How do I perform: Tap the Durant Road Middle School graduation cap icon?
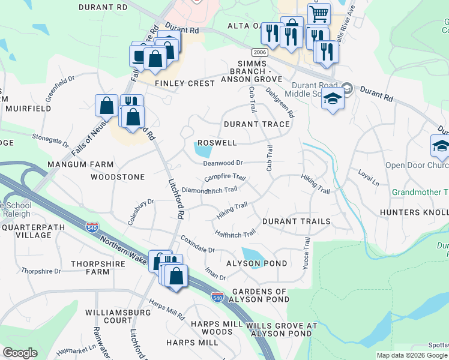point(331,98)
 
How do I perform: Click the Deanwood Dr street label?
point(222,163)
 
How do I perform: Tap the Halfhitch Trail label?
point(235,233)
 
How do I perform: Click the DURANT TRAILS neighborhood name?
point(295,221)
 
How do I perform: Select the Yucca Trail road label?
point(307,253)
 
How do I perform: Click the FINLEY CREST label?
point(184,83)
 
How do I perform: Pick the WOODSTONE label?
point(118,177)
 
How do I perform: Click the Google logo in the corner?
point(20,353)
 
